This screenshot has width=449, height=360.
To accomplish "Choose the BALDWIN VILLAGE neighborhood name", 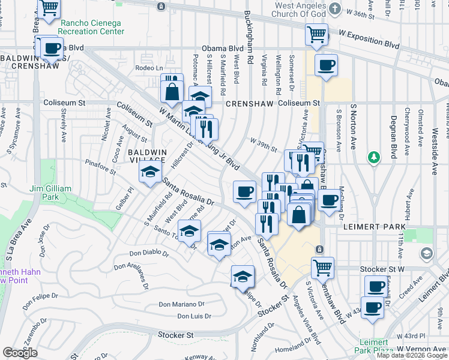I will [146, 155].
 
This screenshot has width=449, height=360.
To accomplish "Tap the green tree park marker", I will [375, 157].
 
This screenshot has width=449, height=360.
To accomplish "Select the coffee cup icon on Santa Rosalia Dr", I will [244, 191].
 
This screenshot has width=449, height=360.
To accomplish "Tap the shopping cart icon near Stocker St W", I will [322, 267].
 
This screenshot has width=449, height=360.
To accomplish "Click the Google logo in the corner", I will [20, 353].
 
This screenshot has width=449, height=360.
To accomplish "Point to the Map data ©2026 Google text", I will [412, 355].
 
